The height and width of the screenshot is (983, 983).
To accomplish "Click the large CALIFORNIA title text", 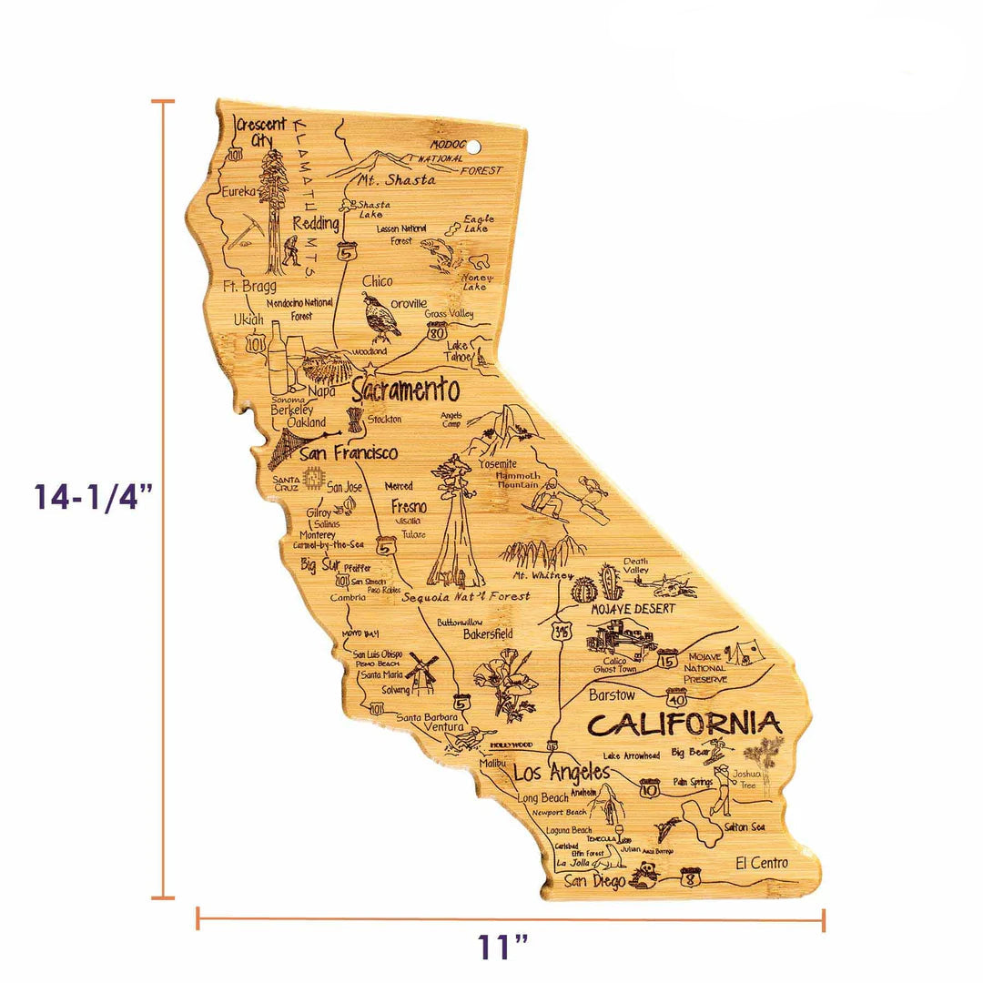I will pos(684,725).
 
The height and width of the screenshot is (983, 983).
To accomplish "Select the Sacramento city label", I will pos(405,391).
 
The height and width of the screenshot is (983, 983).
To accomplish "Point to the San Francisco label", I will pos(349,452).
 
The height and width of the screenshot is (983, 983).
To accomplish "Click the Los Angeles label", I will pos(561,774).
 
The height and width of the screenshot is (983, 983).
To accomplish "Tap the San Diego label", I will pos(593,881).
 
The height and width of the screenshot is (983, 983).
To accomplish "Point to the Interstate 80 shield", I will pos(438,333).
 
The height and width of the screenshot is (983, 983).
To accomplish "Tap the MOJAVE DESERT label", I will pos(633,608).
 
